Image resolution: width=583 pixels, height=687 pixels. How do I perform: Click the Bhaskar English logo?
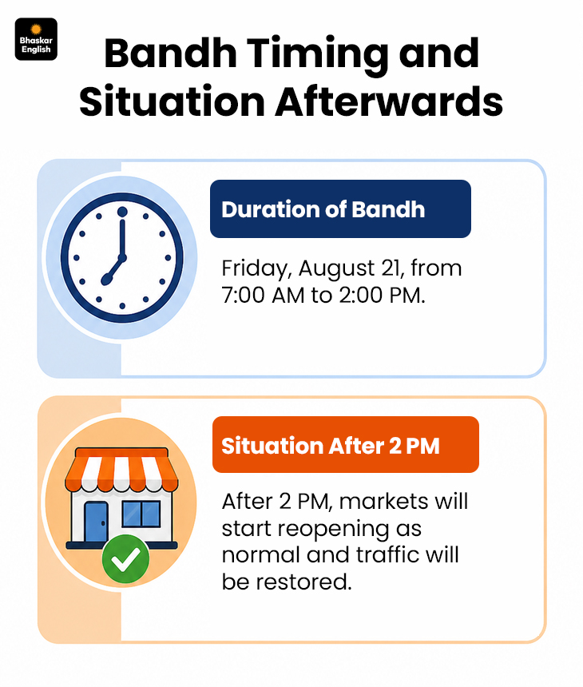36,39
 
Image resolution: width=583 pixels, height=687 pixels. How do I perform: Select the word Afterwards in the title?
389,102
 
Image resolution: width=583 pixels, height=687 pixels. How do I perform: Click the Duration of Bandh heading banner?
340,209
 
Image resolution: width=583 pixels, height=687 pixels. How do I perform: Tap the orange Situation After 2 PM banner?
346,445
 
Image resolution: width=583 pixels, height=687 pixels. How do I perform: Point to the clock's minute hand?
122,236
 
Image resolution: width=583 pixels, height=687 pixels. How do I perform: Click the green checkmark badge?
125,559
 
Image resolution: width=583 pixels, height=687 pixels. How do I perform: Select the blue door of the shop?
96,522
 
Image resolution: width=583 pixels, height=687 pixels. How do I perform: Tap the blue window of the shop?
141,514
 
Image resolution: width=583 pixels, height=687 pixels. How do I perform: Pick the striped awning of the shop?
121,470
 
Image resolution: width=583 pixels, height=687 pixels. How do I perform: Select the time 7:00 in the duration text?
243,296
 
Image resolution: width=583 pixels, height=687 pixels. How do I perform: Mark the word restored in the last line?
304,582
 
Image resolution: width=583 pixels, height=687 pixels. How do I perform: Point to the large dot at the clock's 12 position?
122,212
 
